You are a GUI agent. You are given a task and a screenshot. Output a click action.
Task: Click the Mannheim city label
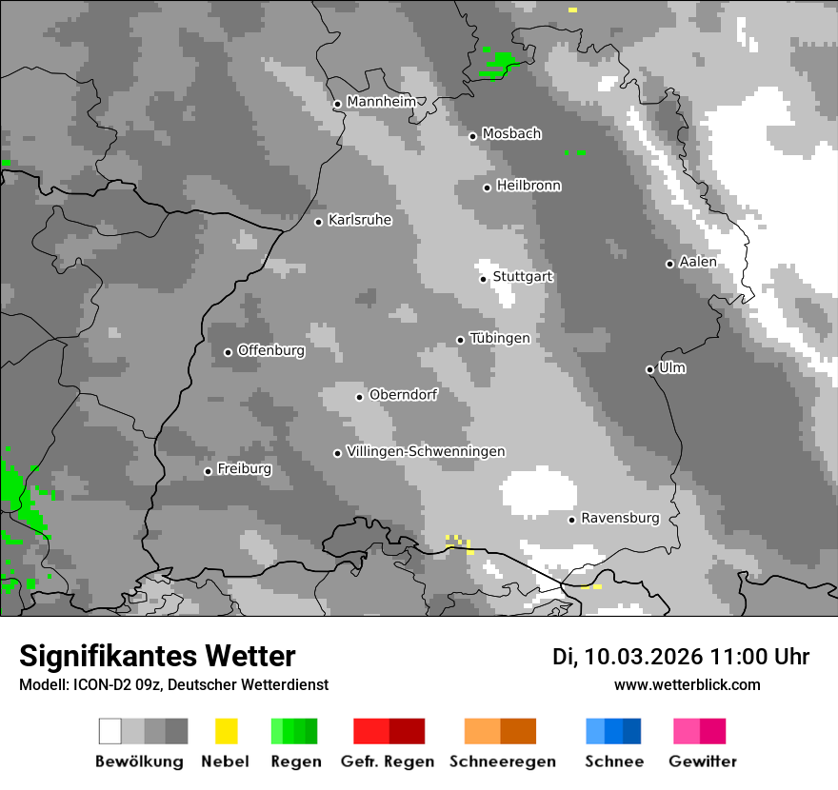click(x=382, y=102)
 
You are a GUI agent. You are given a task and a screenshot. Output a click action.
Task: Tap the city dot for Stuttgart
click(x=484, y=279)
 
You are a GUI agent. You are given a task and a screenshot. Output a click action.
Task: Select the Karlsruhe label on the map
click(x=360, y=220)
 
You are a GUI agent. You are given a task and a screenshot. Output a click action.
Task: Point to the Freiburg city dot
click(x=208, y=471)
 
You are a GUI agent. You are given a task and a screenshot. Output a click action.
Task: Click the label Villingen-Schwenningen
click(x=426, y=451)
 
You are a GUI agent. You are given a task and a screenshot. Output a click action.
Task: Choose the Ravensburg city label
click(x=620, y=518)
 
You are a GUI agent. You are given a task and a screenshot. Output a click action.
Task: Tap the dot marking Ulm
click(x=649, y=369)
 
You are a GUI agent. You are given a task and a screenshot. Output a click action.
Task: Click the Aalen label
click(x=698, y=262)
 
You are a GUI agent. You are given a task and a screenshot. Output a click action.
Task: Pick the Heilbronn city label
click(x=529, y=186)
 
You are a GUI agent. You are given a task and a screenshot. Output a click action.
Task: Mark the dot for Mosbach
click(x=472, y=136)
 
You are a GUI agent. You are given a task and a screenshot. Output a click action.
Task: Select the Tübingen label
click(x=500, y=338)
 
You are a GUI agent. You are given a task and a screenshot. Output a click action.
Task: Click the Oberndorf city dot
click(x=359, y=397)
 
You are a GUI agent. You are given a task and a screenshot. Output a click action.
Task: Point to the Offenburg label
click(x=271, y=350)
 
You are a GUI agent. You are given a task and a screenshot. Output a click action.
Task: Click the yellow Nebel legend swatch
click(x=226, y=731)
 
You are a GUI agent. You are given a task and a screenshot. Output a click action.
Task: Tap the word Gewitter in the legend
click(x=703, y=761)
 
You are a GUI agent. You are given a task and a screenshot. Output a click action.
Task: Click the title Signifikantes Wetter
click(x=157, y=656)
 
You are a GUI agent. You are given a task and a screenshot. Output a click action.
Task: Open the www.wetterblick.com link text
click(x=687, y=684)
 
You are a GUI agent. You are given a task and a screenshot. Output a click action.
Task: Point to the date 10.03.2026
click(x=643, y=657)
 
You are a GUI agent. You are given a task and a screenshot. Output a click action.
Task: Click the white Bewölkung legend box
click(x=110, y=731)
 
